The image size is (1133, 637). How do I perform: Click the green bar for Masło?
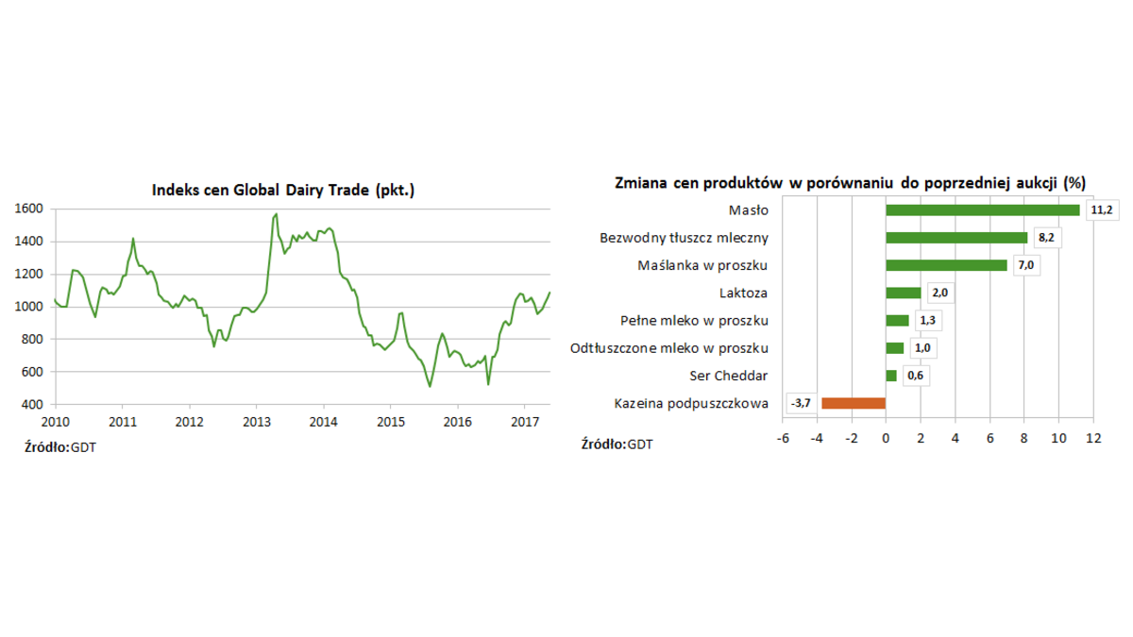point(982,210)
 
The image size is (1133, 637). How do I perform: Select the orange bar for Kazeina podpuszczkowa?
point(854,403)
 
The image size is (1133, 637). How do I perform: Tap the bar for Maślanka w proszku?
point(946,265)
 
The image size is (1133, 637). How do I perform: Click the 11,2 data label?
point(1101,210)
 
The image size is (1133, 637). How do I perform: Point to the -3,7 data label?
point(802,403)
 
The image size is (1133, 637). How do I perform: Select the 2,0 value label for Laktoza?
point(939,293)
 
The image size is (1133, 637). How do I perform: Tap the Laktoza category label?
point(743,293)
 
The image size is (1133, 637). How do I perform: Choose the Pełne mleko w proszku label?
point(694,320)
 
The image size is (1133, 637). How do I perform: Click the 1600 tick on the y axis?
point(29,209)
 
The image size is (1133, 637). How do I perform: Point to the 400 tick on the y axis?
point(33,404)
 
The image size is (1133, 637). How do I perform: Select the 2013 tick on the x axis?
point(257,422)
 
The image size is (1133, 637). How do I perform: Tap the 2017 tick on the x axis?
point(524,422)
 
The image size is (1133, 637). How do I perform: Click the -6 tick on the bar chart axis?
point(782,439)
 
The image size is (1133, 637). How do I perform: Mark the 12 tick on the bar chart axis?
point(1093,439)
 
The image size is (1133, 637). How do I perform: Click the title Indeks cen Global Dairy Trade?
point(283,191)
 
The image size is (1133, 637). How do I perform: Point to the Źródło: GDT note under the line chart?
point(59,446)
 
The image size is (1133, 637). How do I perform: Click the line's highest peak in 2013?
point(276,214)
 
